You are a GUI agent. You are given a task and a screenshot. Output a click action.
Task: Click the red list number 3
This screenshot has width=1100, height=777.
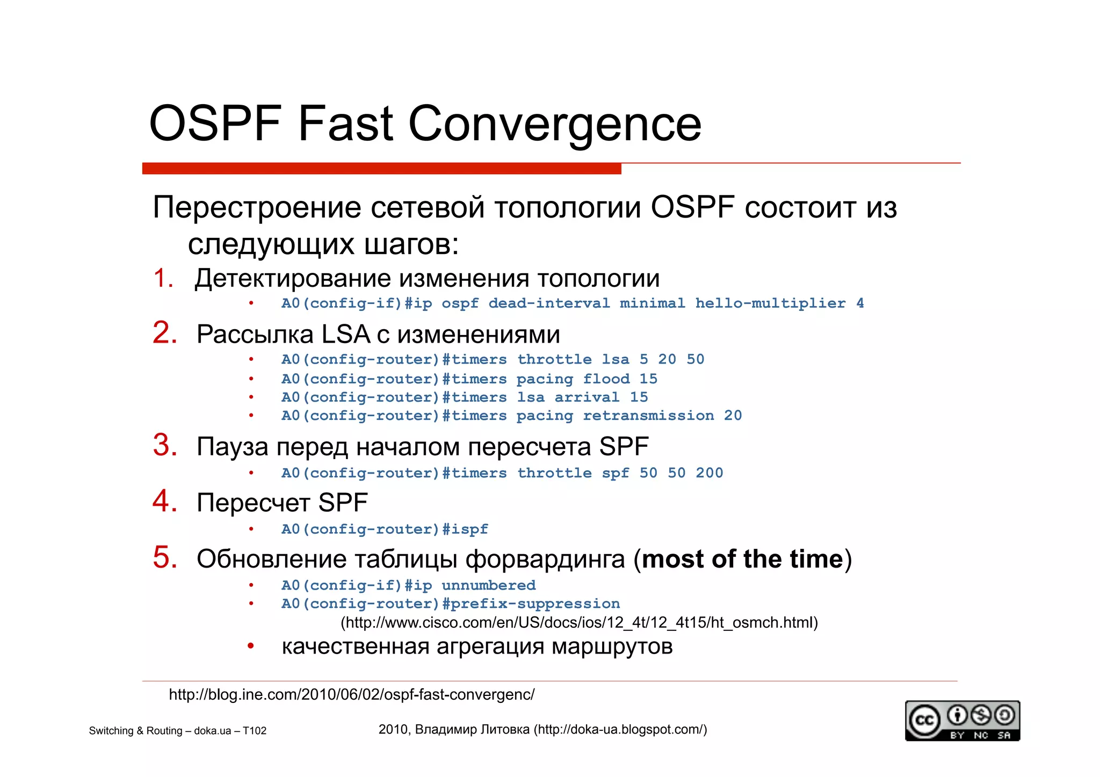(164, 445)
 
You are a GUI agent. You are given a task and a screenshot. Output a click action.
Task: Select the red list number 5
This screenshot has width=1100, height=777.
(164, 557)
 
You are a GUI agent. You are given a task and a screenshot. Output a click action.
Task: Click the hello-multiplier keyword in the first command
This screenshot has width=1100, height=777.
(770, 303)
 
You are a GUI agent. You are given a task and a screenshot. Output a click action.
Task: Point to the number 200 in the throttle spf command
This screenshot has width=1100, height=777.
(709, 473)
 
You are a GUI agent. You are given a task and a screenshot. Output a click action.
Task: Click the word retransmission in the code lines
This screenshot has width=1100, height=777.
(648, 416)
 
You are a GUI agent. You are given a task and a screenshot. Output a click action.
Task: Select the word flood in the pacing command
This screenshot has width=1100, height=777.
(606, 379)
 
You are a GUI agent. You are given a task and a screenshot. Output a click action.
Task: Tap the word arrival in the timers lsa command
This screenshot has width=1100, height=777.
(587, 397)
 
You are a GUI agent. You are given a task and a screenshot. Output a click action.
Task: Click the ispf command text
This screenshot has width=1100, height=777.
(469, 529)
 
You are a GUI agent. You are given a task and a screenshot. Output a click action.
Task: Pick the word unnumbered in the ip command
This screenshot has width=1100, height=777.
(488, 585)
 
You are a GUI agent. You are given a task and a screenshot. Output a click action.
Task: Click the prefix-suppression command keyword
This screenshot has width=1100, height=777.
(535, 604)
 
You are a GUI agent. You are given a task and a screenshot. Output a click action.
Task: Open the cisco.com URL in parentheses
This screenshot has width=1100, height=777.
(579, 623)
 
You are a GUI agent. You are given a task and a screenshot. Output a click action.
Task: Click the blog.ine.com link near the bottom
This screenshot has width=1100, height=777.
(351, 695)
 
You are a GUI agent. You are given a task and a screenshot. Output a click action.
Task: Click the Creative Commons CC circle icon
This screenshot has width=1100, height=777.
(924, 721)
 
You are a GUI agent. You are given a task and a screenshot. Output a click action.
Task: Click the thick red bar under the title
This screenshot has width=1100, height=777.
(381, 169)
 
